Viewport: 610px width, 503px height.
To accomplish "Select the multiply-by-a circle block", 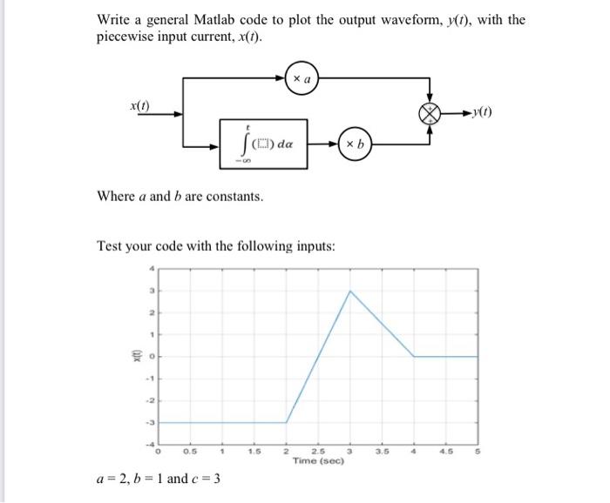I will pyautogui.click(x=302, y=79).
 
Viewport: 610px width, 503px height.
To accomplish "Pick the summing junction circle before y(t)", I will pyautogui.click(x=430, y=113).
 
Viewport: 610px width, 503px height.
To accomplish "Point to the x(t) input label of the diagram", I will pyautogui.click(x=139, y=105).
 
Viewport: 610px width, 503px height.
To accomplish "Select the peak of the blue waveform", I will pyautogui.click(x=350, y=292).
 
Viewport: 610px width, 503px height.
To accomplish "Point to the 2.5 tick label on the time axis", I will pyautogui.click(x=319, y=451).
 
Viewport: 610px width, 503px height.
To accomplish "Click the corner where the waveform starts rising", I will pyautogui.click(x=287, y=423).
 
